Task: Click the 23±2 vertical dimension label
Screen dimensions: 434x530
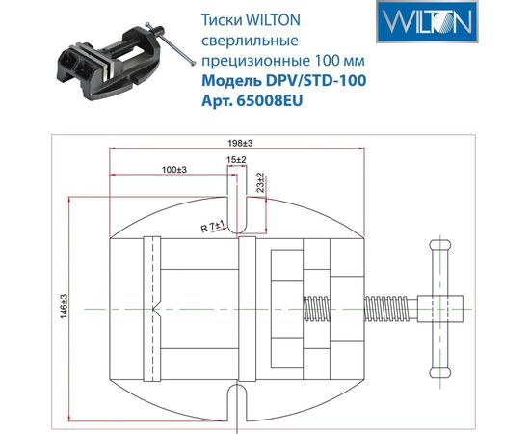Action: click(261, 184)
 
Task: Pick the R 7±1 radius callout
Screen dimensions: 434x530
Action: click(212, 227)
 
